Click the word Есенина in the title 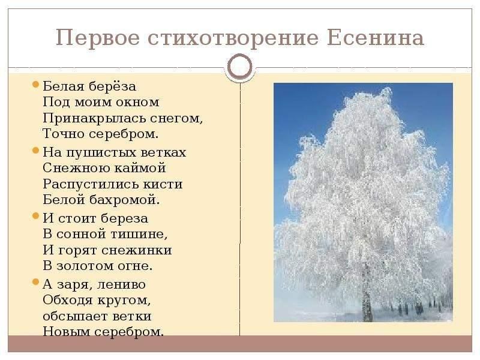coord(376,38)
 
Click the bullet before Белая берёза coord(36,84)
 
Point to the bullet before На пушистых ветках coord(36,150)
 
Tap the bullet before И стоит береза coord(36,216)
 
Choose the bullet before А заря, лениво coord(36,282)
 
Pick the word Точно coord(64,133)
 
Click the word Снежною coord(76,168)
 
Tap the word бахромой coord(125,200)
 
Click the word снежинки coord(137,250)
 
